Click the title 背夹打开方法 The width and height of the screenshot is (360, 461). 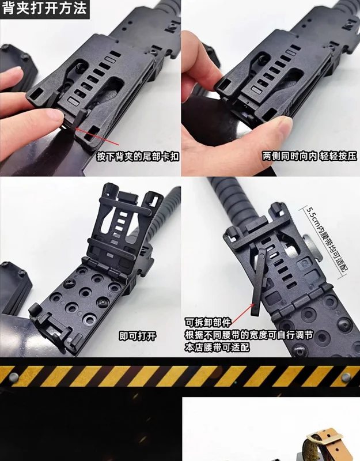pyautogui.click(x=44, y=8)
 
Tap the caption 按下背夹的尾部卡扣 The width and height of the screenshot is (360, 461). pyautogui.click(x=138, y=156)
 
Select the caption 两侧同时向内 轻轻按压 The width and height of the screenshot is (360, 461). pyautogui.click(x=309, y=156)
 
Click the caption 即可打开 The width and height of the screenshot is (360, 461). pyautogui.click(x=138, y=336)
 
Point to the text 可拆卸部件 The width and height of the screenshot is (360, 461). pyautogui.click(x=208, y=322)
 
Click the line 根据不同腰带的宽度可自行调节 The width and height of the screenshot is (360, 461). pyautogui.click(x=249, y=335)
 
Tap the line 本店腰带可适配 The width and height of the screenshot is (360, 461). pyautogui.click(x=217, y=347)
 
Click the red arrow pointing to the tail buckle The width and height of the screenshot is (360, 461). pyautogui.click(x=96, y=136)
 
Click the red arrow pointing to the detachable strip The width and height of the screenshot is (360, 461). pyautogui.click(x=241, y=314)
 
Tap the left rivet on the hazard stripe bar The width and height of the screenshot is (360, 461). pyautogui.click(x=14, y=377)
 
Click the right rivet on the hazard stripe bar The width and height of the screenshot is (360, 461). pyautogui.click(x=347, y=377)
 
